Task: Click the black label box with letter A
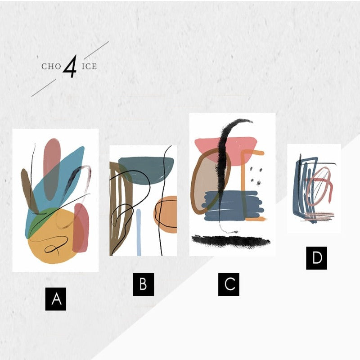[x=56, y=299]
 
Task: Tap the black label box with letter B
[x=144, y=284]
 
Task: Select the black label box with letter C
[x=229, y=284]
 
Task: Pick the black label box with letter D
[x=317, y=258]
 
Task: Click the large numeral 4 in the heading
[x=70, y=66]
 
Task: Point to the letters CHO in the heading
[x=51, y=67]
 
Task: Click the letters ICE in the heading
[x=89, y=67]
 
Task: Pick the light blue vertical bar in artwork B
[x=139, y=232]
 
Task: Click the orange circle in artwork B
[x=166, y=215]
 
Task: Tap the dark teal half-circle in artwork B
[x=146, y=170]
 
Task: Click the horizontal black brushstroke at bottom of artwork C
[x=231, y=242]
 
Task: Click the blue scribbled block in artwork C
[x=233, y=206]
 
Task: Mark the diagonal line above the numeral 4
[x=96, y=50]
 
